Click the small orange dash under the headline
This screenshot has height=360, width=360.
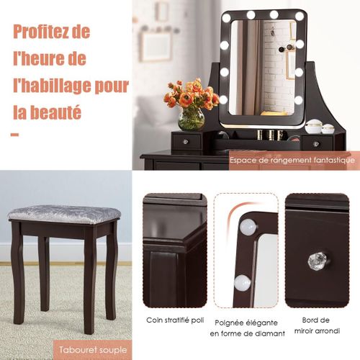(x=14, y=135)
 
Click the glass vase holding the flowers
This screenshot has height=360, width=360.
(x=191, y=119)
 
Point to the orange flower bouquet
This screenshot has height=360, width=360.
(x=191, y=94)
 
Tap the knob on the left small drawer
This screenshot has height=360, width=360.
(x=185, y=142)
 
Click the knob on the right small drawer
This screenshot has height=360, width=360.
(x=315, y=144)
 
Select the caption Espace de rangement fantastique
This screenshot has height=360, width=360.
(x=292, y=160)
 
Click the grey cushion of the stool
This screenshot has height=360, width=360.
(x=64, y=215)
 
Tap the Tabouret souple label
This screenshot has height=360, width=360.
(x=93, y=350)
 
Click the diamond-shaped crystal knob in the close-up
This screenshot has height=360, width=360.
(x=318, y=260)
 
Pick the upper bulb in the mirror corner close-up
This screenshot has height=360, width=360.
(x=248, y=227)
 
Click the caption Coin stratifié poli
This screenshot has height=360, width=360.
(x=175, y=320)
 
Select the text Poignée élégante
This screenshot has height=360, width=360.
(x=246, y=323)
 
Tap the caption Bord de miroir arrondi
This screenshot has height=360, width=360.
(x=317, y=325)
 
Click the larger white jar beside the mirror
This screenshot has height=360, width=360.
(x=313, y=126)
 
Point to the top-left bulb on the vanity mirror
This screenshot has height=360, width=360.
(x=226, y=17)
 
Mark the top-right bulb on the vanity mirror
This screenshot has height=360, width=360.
(x=300, y=17)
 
